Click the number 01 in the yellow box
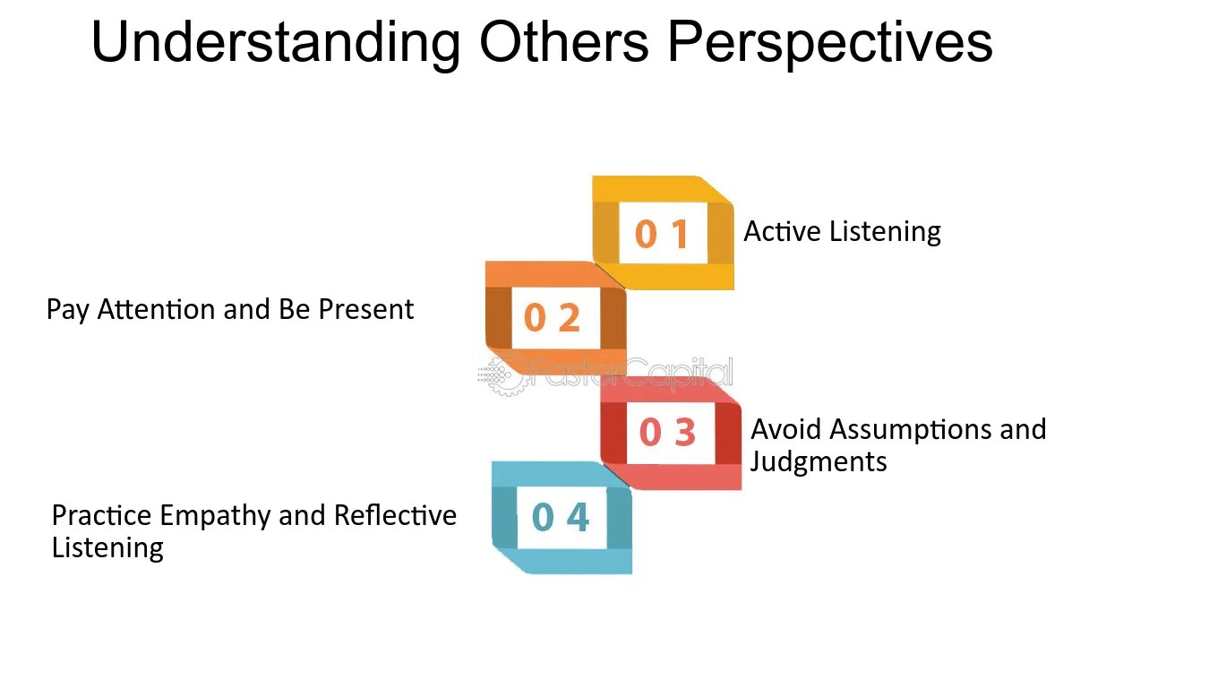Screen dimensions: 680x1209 coord(662,234)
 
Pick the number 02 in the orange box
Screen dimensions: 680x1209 coord(552,317)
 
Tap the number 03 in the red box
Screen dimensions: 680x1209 coord(667,433)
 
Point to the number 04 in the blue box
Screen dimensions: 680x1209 coord(561,517)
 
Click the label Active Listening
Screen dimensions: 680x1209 coord(842,231)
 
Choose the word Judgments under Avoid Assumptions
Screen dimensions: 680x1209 coord(819,461)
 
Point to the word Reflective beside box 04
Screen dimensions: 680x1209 coord(395,515)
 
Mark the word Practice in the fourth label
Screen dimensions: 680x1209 coord(101,515)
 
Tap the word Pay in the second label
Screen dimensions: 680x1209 coord(66,309)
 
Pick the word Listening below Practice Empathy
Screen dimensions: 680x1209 coord(107,547)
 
